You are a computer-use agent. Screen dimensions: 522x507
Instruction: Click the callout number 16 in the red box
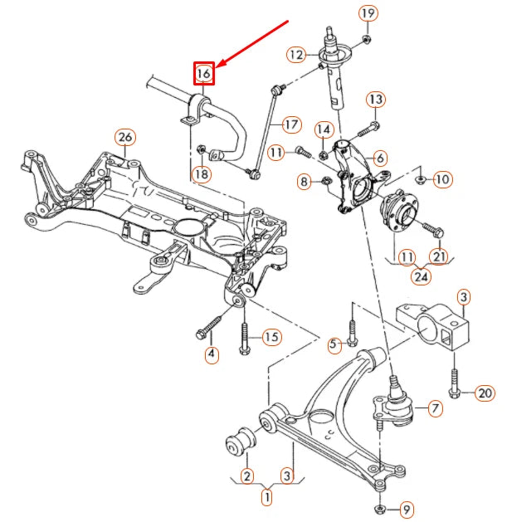(x=204, y=74)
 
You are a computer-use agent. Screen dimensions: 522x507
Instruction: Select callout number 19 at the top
(x=368, y=13)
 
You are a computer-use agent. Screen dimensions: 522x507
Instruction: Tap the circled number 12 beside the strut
(x=297, y=55)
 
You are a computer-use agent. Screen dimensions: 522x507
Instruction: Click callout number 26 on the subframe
(x=124, y=137)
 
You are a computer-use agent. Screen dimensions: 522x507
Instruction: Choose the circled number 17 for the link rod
(x=290, y=125)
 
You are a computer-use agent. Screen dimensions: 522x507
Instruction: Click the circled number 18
(x=201, y=173)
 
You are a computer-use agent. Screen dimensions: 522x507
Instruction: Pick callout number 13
(x=375, y=100)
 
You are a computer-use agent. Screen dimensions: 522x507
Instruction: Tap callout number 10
(x=441, y=178)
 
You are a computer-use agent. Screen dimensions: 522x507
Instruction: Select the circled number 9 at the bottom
(x=406, y=508)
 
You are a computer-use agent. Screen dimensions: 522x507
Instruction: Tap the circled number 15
(x=272, y=337)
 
